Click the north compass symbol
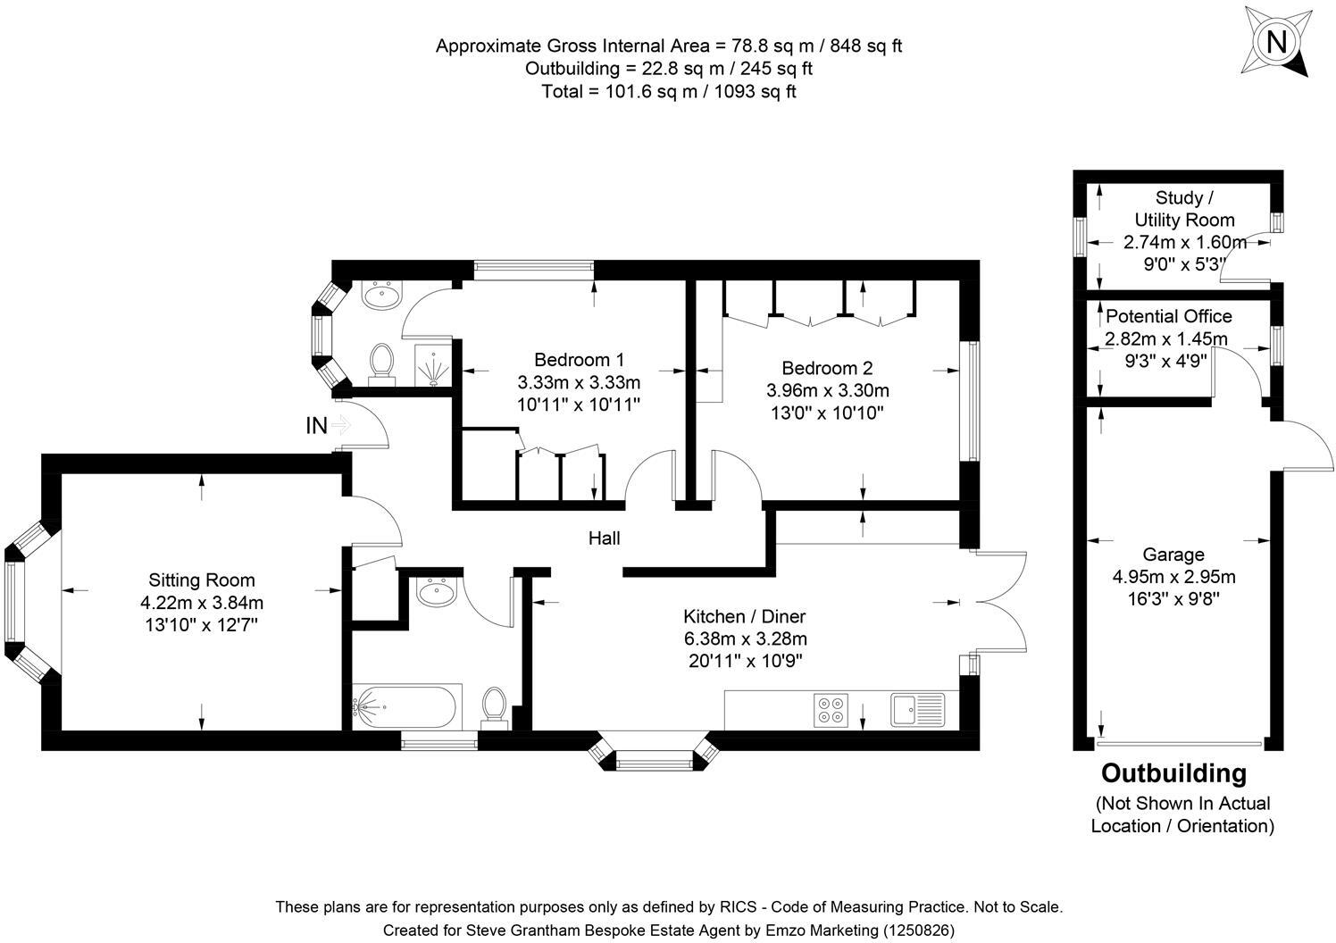coord(1276,42)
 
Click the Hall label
coord(604,538)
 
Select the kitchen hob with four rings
coord(829,708)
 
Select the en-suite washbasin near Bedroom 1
coord(385,296)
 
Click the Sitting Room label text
coord(202,580)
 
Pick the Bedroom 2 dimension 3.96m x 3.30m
coord(827,390)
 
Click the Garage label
coord(1173,555)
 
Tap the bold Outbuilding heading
coord(1173,773)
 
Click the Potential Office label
coord(1168,316)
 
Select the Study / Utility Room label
coord(1184,209)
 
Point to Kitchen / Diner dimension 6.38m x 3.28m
coord(745,638)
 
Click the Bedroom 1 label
coord(579,360)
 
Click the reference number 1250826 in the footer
coord(918,930)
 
